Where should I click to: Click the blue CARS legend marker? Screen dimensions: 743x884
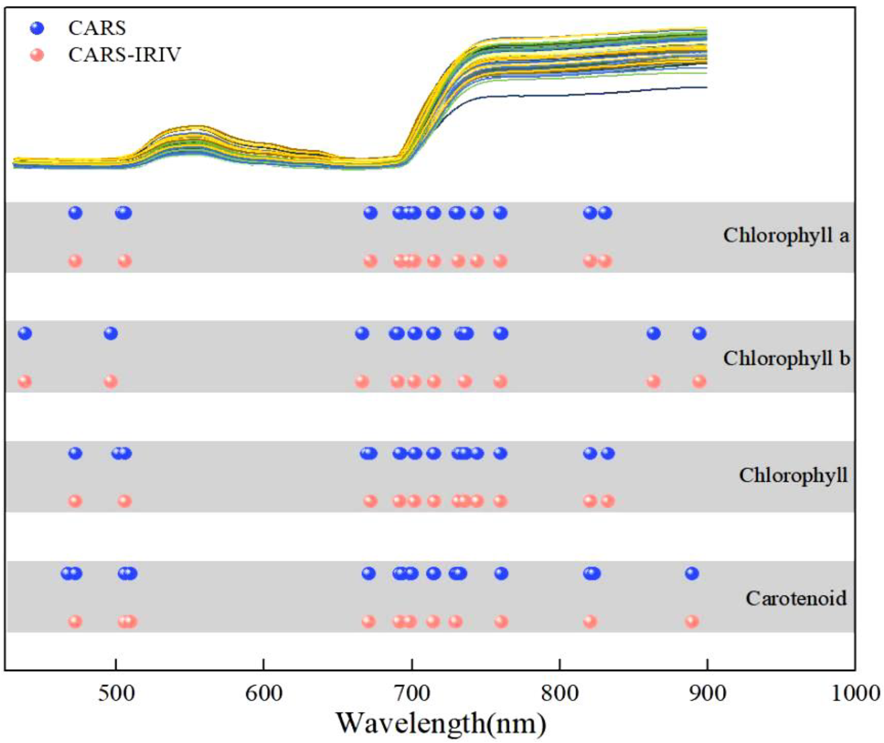(38, 28)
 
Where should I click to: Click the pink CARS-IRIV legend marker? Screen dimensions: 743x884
(38, 55)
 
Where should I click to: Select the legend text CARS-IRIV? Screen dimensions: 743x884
(125, 55)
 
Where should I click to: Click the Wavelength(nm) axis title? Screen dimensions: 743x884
(441, 723)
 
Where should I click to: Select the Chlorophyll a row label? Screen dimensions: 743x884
(786, 236)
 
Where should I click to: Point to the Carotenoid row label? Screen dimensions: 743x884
(796, 598)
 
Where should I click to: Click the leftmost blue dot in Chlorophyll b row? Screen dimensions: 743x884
(25, 334)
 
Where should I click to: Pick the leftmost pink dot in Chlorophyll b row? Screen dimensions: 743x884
(25, 382)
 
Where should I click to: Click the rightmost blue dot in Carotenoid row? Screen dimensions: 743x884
(692, 573)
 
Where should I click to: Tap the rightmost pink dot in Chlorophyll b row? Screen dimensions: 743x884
(699, 382)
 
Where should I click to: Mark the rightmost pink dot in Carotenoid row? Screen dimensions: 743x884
(692, 621)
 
